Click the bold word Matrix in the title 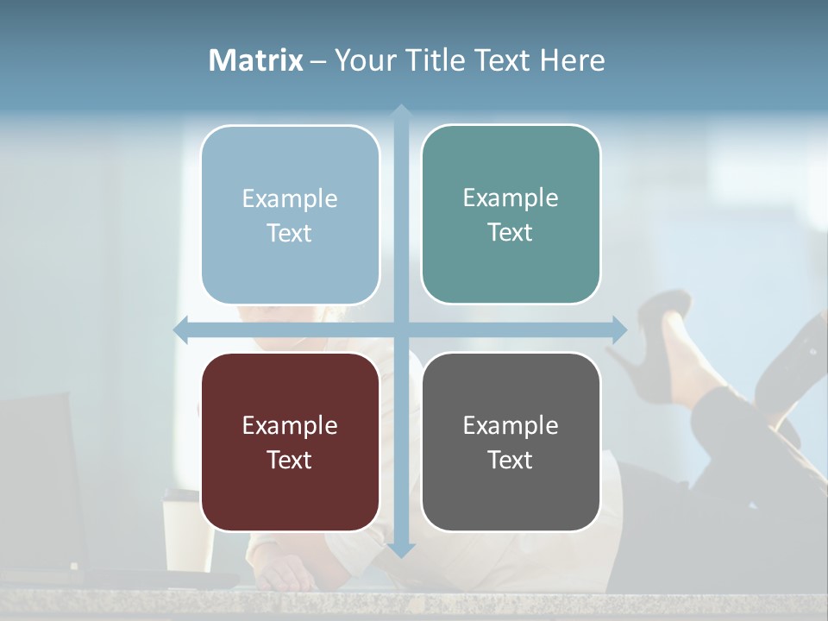coord(256,60)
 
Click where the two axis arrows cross coord(400,329)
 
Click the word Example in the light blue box coord(290,199)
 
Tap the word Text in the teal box coord(511,232)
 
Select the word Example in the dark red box coord(290,426)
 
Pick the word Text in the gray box coord(511,460)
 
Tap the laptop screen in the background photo coord(39,483)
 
